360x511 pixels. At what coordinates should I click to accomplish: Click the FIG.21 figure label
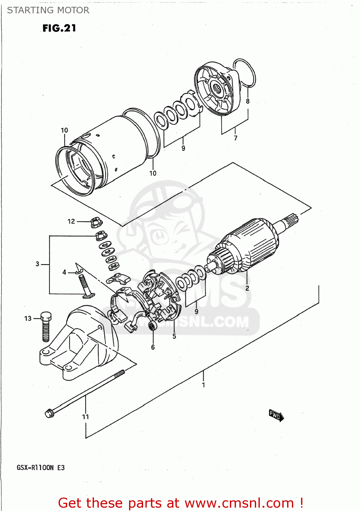[x=59, y=28]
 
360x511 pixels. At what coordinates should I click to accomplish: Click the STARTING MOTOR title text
[x=48, y=10]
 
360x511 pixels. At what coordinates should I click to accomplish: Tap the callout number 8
[x=248, y=101]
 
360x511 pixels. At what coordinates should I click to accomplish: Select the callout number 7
[x=235, y=138]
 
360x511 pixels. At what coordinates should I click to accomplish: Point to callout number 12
[x=71, y=221]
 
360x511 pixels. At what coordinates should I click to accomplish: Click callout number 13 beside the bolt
[x=28, y=319]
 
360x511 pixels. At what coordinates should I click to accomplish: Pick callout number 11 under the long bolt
[x=85, y=417]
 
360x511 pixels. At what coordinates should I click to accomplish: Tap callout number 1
[x=203, y=385]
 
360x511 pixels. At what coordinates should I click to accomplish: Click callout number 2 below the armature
[x=247, y=288]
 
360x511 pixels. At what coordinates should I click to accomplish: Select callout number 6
[x=153, y=347]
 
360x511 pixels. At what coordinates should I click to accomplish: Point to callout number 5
[x=174, y=337]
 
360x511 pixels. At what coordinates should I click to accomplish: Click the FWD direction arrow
[x=276, y=415]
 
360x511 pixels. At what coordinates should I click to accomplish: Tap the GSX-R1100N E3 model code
[x=41, y=468]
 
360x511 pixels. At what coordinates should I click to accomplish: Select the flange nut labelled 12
[x=95, y=222]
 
